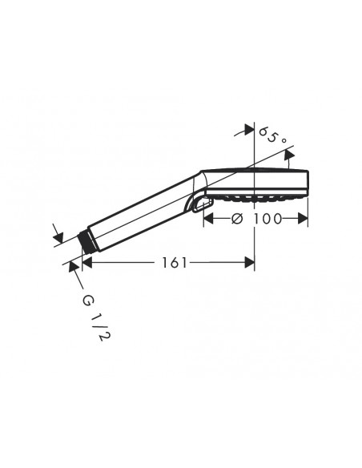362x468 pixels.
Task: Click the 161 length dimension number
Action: click(x=175, y=263)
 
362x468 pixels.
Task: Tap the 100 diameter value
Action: click(x=267, y=219)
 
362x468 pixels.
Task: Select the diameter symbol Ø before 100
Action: click(x=237, y=219)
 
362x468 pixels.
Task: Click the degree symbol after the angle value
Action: click(x=284, y=140)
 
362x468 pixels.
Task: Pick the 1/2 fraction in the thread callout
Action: click(x=102, y=329)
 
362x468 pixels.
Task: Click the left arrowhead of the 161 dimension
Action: click(x=86, y=262)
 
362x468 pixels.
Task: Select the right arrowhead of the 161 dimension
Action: click(x=250, y=262)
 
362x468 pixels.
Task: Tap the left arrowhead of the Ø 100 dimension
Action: click(x=208, y=219)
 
